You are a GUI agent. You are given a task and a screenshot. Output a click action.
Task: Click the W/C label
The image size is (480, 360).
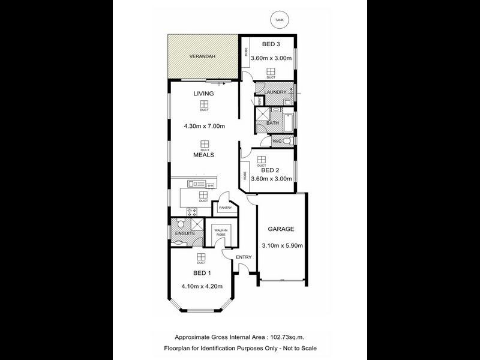(277, 141)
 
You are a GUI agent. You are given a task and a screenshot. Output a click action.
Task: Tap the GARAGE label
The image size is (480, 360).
(281, 229)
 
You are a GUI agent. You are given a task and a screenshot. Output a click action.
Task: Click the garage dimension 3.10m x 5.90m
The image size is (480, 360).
(281, 245)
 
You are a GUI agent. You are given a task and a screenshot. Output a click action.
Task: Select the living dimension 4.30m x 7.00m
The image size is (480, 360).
(203, 127)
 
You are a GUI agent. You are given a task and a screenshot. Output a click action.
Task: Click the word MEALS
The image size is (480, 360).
(204, 154)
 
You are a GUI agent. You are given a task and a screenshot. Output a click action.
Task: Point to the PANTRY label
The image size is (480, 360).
(226, 208)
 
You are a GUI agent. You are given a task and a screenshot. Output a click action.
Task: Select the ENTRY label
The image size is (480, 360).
(243, 257)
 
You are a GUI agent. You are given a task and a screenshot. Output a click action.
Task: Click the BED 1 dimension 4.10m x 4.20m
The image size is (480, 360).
(202, 286)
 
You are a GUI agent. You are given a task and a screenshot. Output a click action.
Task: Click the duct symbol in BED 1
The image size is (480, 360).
(201, 258)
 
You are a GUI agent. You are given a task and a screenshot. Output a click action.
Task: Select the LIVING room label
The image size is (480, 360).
(203, 94)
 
